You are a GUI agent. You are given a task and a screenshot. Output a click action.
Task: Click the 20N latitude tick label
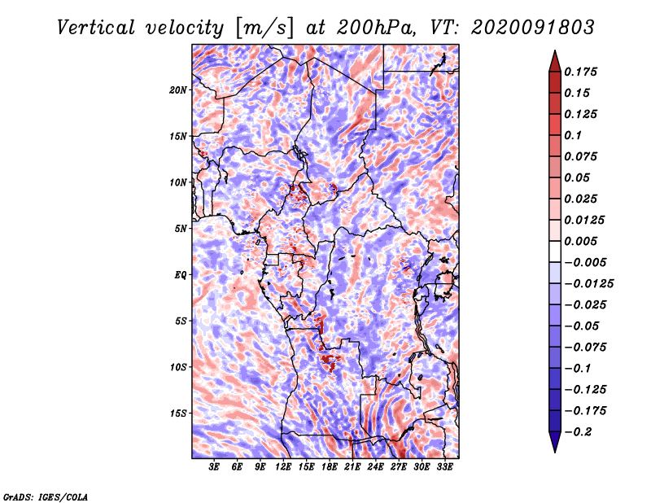178,90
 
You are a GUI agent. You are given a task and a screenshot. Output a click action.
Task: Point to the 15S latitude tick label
178,413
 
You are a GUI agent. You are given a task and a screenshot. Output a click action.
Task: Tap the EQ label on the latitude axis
181,274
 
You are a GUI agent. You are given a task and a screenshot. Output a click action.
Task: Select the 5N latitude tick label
181,229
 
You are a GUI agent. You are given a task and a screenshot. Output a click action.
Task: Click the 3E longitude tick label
215,467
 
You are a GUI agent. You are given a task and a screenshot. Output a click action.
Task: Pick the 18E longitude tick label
329,467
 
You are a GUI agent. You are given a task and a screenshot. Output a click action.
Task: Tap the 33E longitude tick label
444,467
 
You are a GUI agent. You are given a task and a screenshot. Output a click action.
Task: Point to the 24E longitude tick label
375,467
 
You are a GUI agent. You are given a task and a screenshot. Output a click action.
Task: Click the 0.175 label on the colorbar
583,72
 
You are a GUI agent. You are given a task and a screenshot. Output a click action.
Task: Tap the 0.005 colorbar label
583,242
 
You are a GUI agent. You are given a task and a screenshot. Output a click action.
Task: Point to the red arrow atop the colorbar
554,59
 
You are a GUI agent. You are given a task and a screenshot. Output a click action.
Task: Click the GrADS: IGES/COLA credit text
45,495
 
